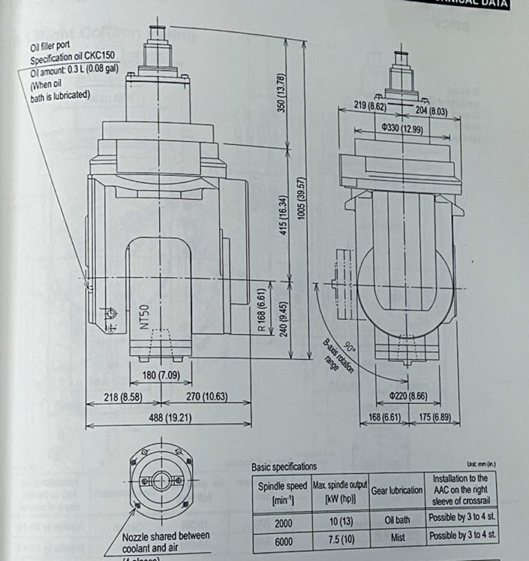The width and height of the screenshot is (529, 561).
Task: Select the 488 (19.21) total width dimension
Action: (x=162, y=417)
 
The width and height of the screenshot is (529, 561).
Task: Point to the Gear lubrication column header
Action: (x=397, y=490)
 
